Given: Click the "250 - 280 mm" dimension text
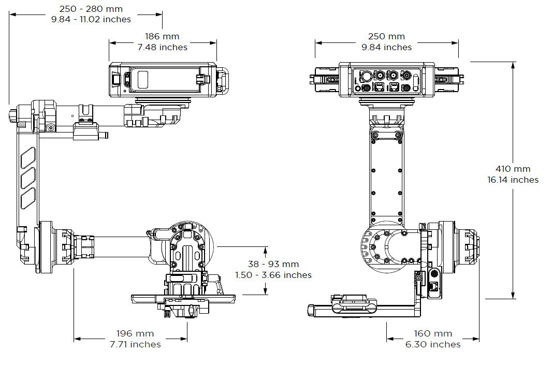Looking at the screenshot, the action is [x=91, y=8].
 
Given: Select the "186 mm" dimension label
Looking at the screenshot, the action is [x=162, y=36].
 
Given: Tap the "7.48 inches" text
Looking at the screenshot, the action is [x=162, y=47].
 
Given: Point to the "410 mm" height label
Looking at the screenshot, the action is [x=513, y=169].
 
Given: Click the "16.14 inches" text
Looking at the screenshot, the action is [x=513, y=180].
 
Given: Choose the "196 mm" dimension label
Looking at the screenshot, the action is [x=135, y=333].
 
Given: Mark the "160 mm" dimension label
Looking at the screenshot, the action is [x=433, y=333].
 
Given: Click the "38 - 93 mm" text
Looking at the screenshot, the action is [x=273, y=264].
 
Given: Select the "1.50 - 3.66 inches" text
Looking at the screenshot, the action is [x=273, y=275].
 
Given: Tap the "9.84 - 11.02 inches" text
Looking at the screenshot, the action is [x=91, y=19].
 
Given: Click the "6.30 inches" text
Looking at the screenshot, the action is [x=433, y=344].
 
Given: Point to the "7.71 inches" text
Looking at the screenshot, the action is [x=135, y=344].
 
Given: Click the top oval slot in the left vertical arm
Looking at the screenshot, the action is [x=28, y=158].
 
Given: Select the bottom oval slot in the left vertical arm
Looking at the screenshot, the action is [x=28, y=198].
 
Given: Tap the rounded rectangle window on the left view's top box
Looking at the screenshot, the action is [x=143, y=80].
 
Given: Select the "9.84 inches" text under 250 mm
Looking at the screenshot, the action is [x=386, y=47].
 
